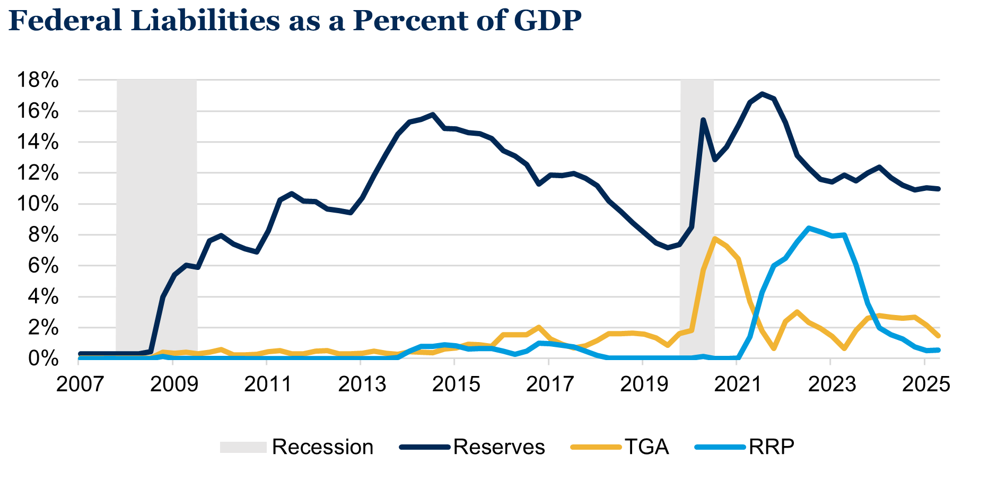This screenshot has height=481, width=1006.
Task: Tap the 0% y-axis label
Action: tap(43, 358)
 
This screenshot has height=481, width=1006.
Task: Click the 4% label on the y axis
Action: tap(43, 297)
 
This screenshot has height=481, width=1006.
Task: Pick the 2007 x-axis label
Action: tap(80, 384)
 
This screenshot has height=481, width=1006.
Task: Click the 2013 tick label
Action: tap(362, 384)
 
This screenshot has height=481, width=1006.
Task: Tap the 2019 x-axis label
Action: tap(643, 384)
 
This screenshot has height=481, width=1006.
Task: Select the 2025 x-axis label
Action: tap(925, 384)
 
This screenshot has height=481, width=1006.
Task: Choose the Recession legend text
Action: tap(322, 447)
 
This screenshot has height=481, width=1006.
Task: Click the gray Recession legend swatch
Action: tap(243, 447)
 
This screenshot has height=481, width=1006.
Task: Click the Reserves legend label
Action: tap(499, 447)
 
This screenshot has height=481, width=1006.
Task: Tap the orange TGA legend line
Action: tap(595, 447)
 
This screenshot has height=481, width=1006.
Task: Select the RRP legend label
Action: tap(772, 447)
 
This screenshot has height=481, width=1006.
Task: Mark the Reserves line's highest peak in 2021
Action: tap(762, 94)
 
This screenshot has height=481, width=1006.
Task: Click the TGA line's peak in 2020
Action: tap(715, 239)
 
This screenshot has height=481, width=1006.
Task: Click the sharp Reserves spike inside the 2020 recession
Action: tap(703, 120)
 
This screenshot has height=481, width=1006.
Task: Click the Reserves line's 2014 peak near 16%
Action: tap(433, 114)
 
